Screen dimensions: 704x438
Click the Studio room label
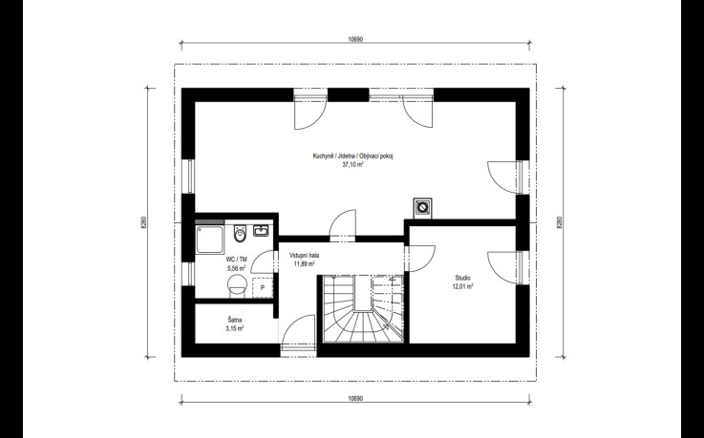coord(462,278)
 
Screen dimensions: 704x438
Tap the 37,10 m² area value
coord(352,164)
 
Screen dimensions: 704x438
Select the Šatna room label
coord(235,320)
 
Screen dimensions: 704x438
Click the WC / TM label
coord(237,260)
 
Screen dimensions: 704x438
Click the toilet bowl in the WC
coord(241,233)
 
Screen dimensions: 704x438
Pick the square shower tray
coord(210,240)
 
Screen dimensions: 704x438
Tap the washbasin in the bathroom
coord(261,231)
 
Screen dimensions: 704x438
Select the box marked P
coord(263,287)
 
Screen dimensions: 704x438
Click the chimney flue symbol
coord(422,208)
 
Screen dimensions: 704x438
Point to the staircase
coord(363,308)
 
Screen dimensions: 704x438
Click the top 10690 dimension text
coord(355,39)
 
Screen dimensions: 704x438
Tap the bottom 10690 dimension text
coord(355,398)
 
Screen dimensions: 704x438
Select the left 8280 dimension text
coord(143,222)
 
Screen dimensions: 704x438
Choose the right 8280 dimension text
coord(559,222)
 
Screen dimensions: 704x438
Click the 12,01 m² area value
coord(462,286)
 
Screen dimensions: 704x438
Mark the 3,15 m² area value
coord(235,328)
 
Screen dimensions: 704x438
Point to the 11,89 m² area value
coord(304,263)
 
